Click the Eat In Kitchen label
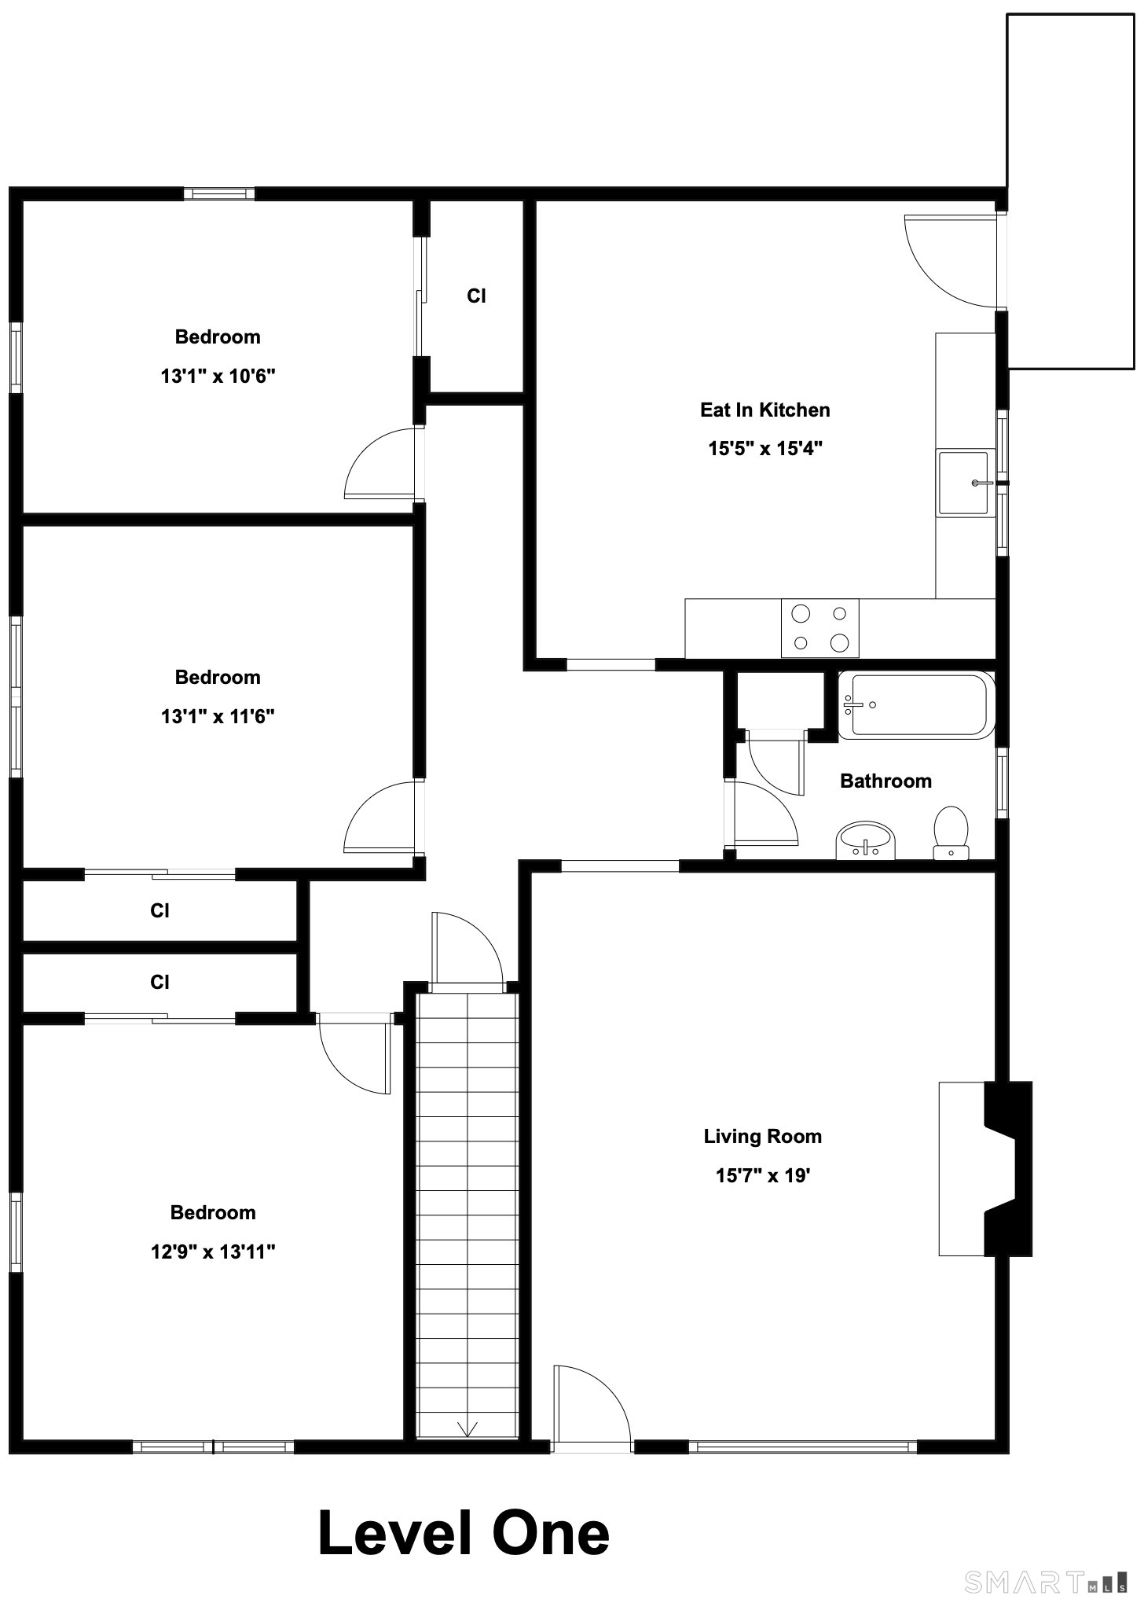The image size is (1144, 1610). coord(764,410)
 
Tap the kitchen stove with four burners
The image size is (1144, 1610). coord(819,628)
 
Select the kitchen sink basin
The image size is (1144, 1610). coord(963,483)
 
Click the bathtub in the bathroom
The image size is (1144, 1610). coord(916,705)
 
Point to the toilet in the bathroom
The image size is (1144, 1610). coord(951,833)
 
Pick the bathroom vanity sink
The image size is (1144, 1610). coord(865,840)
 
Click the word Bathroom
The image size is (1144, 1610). coord(885,781)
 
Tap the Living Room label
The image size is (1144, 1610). coord(762,1136)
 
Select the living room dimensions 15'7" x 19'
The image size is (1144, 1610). coord(762,1175)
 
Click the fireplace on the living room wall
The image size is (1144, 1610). coord(986,1168)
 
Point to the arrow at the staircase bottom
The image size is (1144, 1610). coord(467,1428)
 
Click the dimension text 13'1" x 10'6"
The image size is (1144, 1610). coord(218,376)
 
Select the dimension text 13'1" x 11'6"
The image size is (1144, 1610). coord(218,716)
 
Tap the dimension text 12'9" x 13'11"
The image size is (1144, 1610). coord(213,1252)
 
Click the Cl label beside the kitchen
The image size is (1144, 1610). coord(476,296)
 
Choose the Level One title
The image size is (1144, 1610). coord(464,1534)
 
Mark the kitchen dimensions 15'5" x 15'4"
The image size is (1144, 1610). coord(764,449)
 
